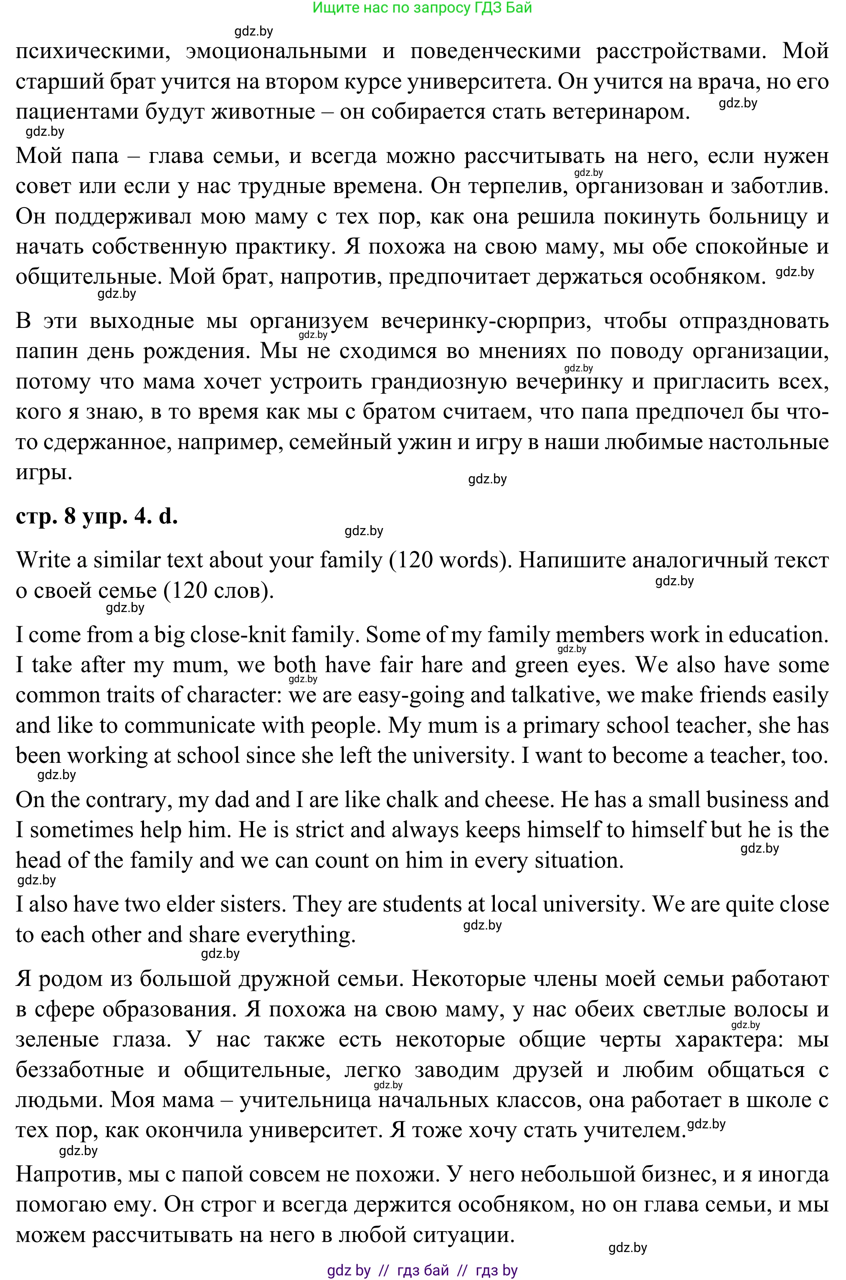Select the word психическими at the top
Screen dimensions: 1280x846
coord(89,51)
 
